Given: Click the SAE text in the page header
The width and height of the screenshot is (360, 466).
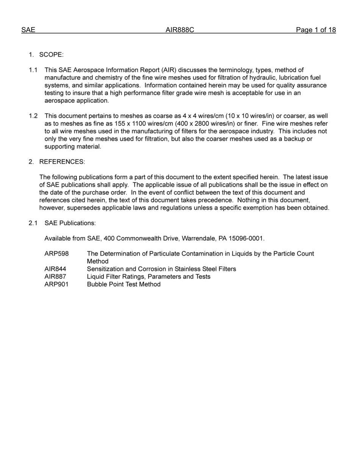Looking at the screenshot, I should tap(28, 30).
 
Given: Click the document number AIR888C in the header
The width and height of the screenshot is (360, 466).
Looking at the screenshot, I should tap(180, 30).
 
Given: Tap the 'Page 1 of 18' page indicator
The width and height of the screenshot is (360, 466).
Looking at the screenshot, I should tap(316, 30).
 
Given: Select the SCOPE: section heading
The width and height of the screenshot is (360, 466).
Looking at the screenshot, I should tap(51, 55).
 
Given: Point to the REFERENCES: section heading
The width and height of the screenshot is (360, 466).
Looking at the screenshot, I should tap(62, 162).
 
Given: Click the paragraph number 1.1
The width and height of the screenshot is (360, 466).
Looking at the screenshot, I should tap(33, 70).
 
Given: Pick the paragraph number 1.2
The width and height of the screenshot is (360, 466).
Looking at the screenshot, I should tap(33, 116).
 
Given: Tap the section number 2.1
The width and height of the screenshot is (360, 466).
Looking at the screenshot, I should tap(33, 223).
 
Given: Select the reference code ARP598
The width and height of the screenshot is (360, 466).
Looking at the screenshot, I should tap(56, 254).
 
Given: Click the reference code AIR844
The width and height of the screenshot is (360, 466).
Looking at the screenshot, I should tap(55, 269).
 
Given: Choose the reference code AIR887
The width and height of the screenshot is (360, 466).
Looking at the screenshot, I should tap(55, 277).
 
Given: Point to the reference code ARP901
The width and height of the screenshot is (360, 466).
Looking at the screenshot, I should tap(56, 284).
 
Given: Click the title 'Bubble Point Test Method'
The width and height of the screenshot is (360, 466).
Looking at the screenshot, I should tap(124, 284).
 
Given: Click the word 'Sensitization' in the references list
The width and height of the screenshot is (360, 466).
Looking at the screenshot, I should tap(105, 269).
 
